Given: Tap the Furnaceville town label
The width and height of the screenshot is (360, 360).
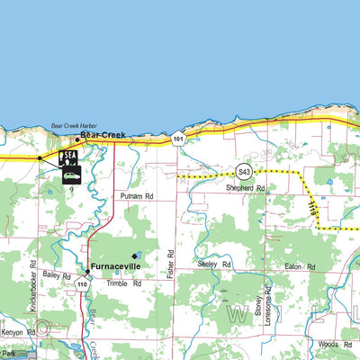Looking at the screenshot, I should [x=114, y=267].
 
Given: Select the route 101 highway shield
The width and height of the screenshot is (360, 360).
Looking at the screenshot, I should [x=179, y=139].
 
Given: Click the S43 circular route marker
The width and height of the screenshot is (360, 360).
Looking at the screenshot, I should [x=243, y=171].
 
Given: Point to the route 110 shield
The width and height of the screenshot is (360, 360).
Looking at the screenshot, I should [x=83, y=284].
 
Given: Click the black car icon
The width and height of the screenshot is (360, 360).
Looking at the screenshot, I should [x=71, y=175].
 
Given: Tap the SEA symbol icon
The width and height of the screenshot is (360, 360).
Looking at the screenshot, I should [x=68, y=157].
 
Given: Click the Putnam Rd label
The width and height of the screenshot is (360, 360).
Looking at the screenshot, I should [x=137, y=195].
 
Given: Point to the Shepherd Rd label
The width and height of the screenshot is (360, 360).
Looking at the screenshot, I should [x=246, y=189].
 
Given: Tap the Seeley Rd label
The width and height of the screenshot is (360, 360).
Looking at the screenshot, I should [x=214, y=264].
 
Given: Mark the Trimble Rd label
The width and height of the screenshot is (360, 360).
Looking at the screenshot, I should [x=124, y=283].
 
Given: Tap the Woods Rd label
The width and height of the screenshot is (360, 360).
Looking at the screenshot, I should [x=328, y=344].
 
